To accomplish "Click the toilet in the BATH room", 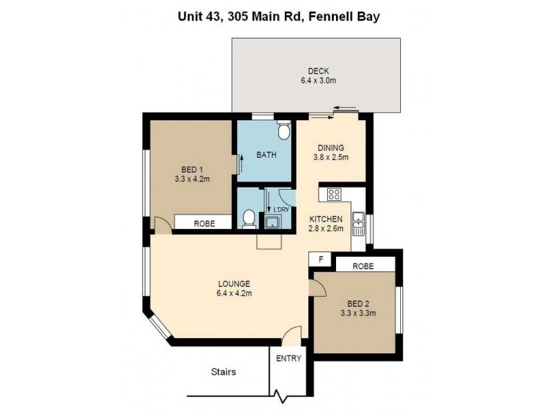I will pyautogui.click(x=282, y=132).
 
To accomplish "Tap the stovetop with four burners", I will pyautogui.click(x=335, y=195).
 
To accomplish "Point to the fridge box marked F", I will pyautogui.click(x=319, y=259).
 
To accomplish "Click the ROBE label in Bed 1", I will pyautogui.click(x=203, y=224).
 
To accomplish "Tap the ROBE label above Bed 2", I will pyautogui.click(x=364, y=265).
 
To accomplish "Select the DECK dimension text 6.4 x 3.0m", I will pyautogui.click(x=318, y=81).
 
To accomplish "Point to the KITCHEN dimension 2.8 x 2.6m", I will pyautogui.click(x=327, y=229).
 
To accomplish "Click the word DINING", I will pyautogui.click(x=331, y=148).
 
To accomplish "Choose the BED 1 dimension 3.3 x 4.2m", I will pyautogui.click(x=192, y=178).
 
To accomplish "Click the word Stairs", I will pyautogui.click(x=223, y=372).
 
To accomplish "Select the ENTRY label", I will pyautogui.click(x=288, y=359).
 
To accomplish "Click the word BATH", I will pyautogui.click(x=266, y=155).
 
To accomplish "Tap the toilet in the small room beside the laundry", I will pyautogui.click(x=248, y=219).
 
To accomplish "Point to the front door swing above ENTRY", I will pyautogui.click(x=292, y=335).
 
